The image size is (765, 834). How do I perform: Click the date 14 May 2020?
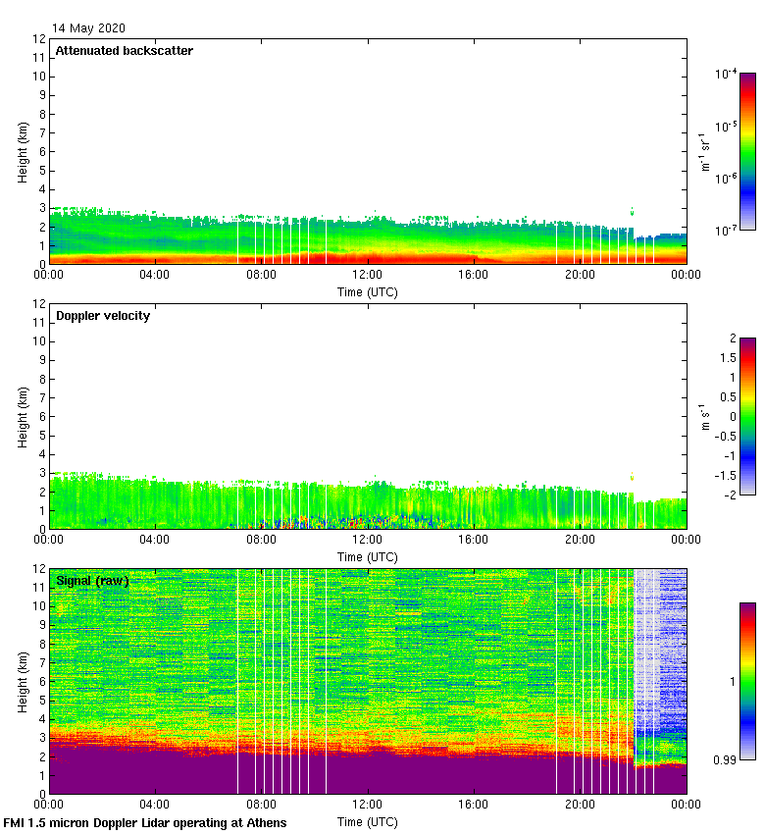tap(88, 28)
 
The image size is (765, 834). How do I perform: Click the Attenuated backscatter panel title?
tap(125, 51)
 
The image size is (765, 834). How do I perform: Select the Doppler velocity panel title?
tap(103, 316)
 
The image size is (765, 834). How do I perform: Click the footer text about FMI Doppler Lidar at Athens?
tap(145, 822)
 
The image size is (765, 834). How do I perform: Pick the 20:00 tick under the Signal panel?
tap(580, 806)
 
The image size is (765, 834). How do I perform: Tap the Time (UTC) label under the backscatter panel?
tap(368, 291)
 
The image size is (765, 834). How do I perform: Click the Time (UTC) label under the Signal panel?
tap(368, 821)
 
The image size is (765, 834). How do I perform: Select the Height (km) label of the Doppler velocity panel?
tap(24, 417)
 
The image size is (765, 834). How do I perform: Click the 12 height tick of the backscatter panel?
tap(40, 39)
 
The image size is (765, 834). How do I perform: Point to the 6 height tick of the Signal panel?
tap(40, 682)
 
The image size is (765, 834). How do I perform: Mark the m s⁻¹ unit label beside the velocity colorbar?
tap(703, 417)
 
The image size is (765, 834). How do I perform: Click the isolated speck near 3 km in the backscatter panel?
tap(632, 211)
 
